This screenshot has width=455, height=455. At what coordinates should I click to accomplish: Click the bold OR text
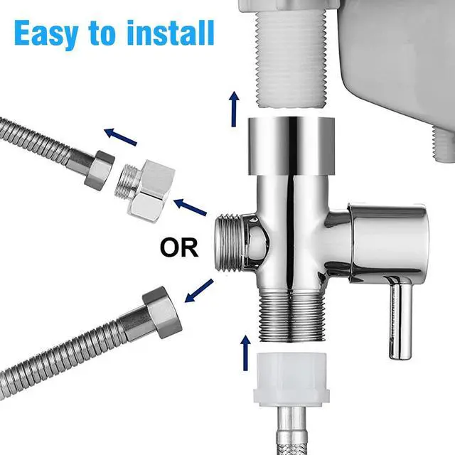tap(178, 248)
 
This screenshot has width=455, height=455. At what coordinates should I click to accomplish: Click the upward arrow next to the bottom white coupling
tap(246, 352)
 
